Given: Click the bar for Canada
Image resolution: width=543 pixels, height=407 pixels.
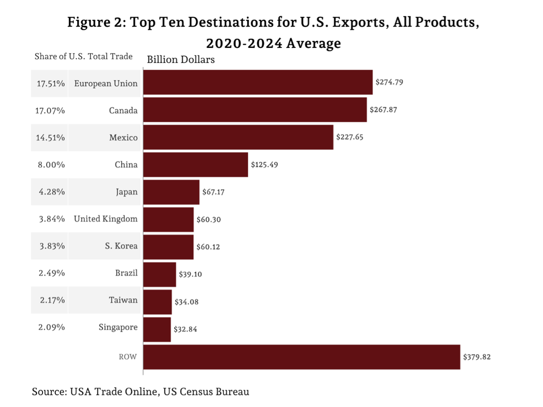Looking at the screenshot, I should point(255,110).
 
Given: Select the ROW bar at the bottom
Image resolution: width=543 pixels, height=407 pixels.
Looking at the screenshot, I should point(301,357).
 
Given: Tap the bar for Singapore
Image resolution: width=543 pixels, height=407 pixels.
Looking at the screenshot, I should point(157,330).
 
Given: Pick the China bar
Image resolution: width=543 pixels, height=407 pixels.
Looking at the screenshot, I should point(195,165).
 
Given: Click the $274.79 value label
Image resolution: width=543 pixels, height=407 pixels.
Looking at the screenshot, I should point(389,82).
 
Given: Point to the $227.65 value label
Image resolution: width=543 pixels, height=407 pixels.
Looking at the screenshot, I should point(349,137).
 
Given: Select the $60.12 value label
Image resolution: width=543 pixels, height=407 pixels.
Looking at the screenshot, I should point(208,247).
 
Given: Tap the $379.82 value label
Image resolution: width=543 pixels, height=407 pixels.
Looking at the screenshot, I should point(477,357).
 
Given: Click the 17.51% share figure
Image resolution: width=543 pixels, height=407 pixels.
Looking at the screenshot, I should point(51,84).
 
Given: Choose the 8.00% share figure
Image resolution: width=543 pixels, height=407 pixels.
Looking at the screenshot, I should point(51,165).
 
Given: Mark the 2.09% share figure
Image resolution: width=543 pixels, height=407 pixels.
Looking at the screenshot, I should point(51,327).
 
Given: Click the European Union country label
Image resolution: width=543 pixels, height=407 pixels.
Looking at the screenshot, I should point(106,84).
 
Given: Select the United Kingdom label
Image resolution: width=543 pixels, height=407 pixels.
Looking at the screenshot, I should point(106,219).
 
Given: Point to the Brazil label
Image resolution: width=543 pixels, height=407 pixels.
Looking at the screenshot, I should point(126,273).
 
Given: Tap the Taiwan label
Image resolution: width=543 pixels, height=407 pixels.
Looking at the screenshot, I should point(123,300).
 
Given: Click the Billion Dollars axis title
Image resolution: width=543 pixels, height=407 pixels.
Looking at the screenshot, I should point(181,60).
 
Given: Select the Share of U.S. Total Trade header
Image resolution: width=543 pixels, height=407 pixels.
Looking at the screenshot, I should point(83,57).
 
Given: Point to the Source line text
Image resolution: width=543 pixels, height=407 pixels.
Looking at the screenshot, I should point(140,392).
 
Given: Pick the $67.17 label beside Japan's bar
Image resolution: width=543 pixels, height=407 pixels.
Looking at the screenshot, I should point(213,192).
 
